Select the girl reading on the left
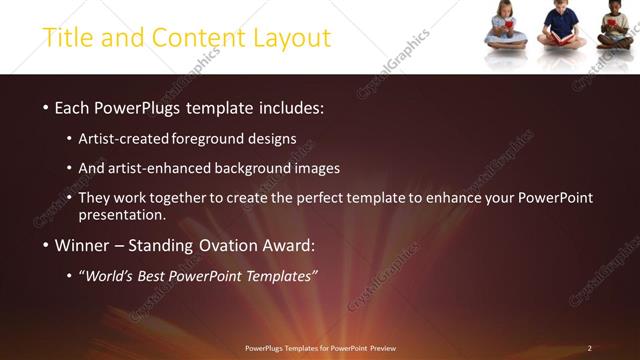click(505, 27)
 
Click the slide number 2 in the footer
click(589, 348)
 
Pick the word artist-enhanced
click(168, 168)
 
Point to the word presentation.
click(122, 215)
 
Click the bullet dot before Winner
click(45, 246)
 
